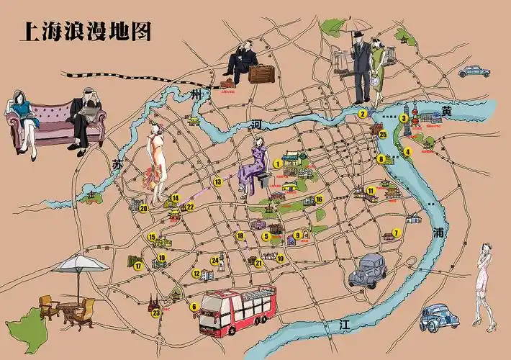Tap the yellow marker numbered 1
(x=277, y=163)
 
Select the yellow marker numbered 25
(x=383, y=134)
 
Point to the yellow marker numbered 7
(x=395, y=233)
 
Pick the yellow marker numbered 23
(x=156, y=312)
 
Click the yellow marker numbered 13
(x=217, y=182)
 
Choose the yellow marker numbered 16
(x=319, y=199)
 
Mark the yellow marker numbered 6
(x=193, y=307)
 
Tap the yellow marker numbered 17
(x=137, y=266)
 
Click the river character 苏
(x=117, y=163)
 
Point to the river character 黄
(x=447, y=111)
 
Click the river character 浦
(x=439, y=233)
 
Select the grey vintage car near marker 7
(x=368, y=270)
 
